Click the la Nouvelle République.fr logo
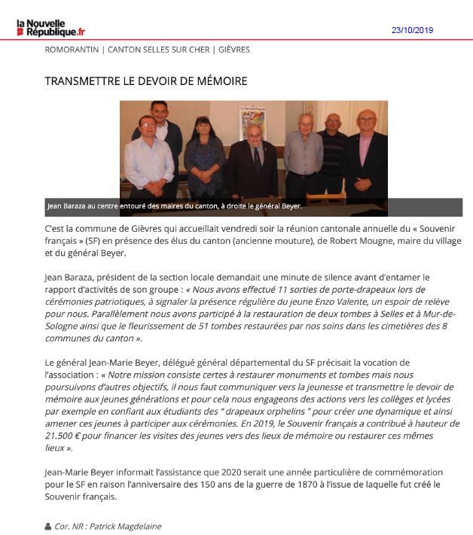51,28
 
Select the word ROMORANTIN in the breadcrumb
72,50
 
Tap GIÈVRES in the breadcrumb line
234,50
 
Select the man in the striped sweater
331,150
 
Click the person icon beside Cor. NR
49,527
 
